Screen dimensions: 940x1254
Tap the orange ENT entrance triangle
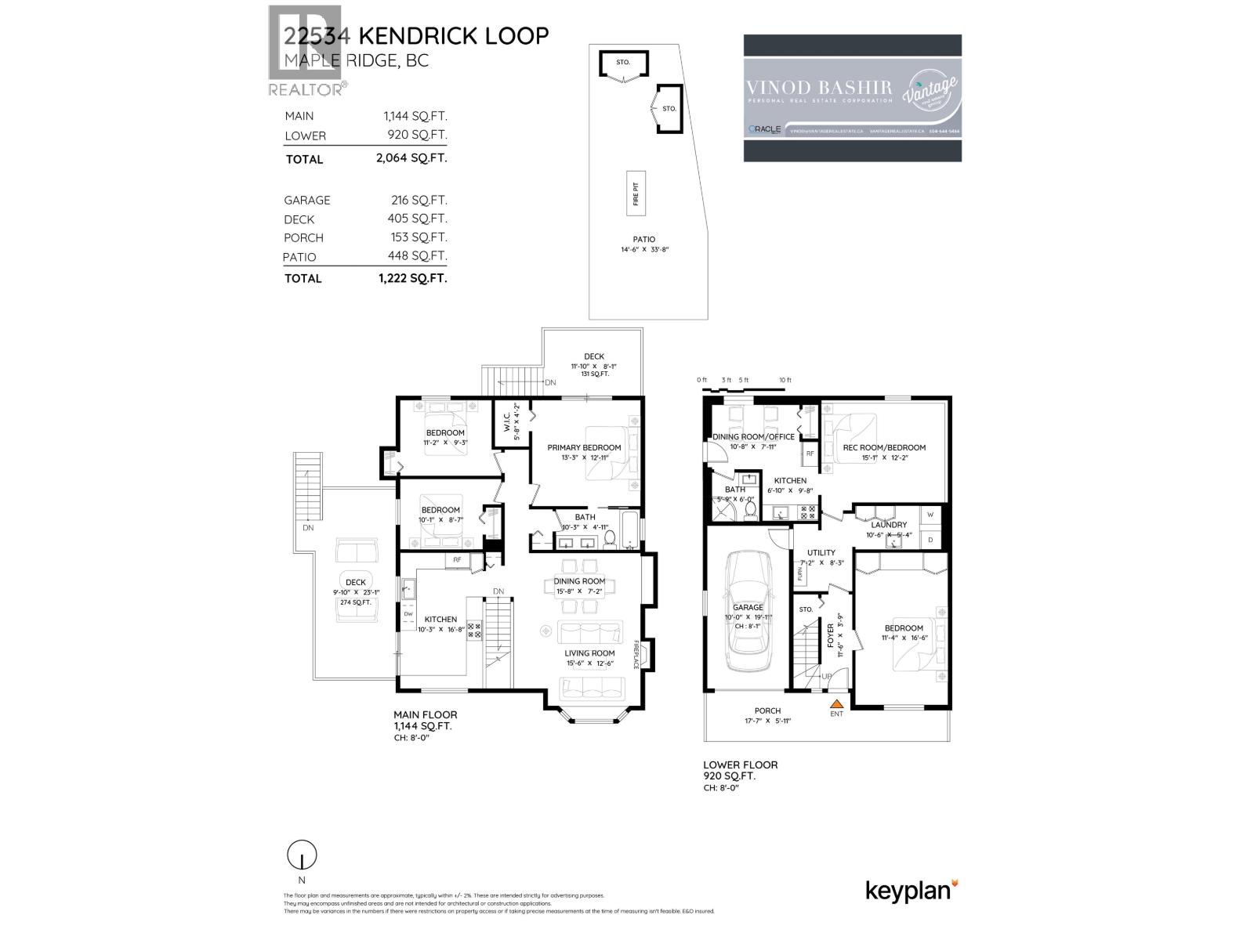click(x=836, y=705)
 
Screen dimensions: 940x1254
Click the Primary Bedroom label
click(x=584, y=447)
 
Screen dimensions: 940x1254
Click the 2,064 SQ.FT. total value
click(x=411, y=158)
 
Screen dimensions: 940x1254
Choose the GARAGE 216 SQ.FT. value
click(x=419, y=200)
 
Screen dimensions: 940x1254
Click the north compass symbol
click(x=302, y=855)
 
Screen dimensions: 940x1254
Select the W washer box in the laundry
click(x=930, y=515)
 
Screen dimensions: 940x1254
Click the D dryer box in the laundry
click(x=930, y=540)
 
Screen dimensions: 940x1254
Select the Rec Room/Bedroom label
click(x=884, y=448)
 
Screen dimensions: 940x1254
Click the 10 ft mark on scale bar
click(x=785, y=381)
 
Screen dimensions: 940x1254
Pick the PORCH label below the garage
click(x=767, y=710)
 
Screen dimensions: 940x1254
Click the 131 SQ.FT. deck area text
click(x=594, y=374)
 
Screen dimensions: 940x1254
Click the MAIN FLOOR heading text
click(x=425, y=714)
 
